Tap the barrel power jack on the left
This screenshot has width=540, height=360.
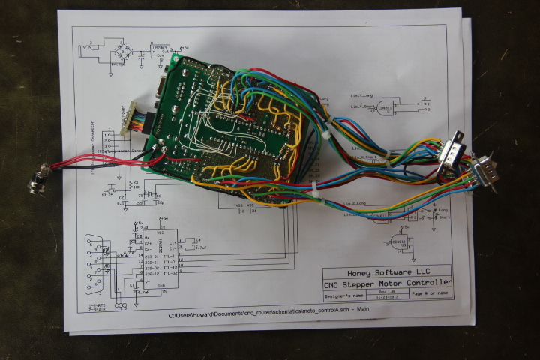tap(35, 181)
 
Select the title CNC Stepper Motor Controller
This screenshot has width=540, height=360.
tap(387, 284)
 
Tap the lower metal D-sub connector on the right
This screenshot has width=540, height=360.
tap(482, 173)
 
